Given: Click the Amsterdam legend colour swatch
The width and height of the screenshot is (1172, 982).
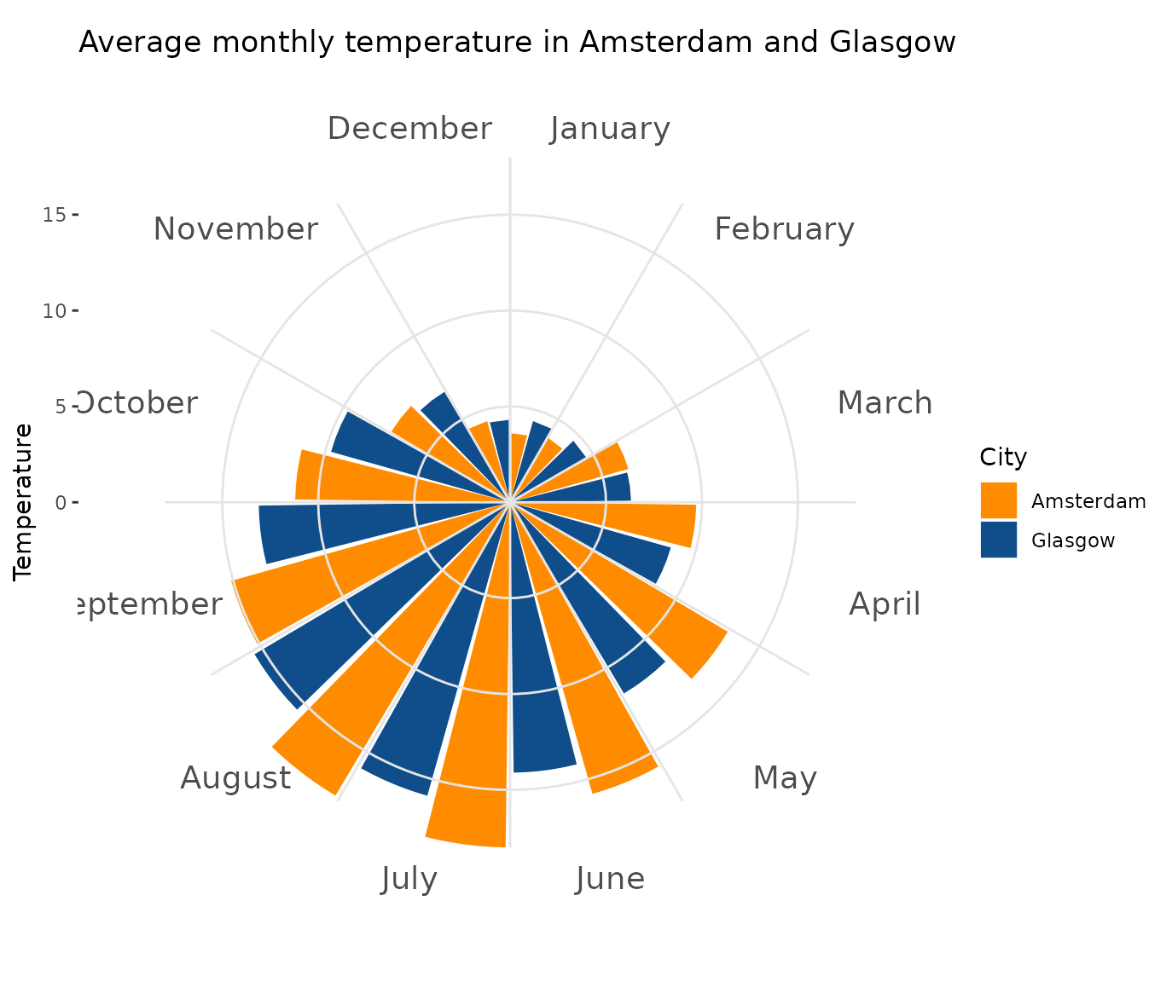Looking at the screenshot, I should coord(999,500).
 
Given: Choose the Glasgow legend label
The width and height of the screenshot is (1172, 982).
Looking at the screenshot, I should coord(1073,540).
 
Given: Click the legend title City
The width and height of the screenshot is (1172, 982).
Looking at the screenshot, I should coord(1003,458).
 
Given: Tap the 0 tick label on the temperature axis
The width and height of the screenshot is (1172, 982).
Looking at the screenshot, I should coord(60,503).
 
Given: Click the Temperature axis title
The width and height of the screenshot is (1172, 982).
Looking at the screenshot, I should coord(23,502).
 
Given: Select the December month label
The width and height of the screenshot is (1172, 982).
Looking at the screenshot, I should coord(409,129).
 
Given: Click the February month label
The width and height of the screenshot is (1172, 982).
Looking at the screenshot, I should coord(784,229).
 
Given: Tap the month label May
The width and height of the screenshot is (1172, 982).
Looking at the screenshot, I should coord(785,778).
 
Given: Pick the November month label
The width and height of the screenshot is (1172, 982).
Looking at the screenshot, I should coord(235,229).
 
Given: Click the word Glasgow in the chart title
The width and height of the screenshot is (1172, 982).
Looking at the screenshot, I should coord(892,42).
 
